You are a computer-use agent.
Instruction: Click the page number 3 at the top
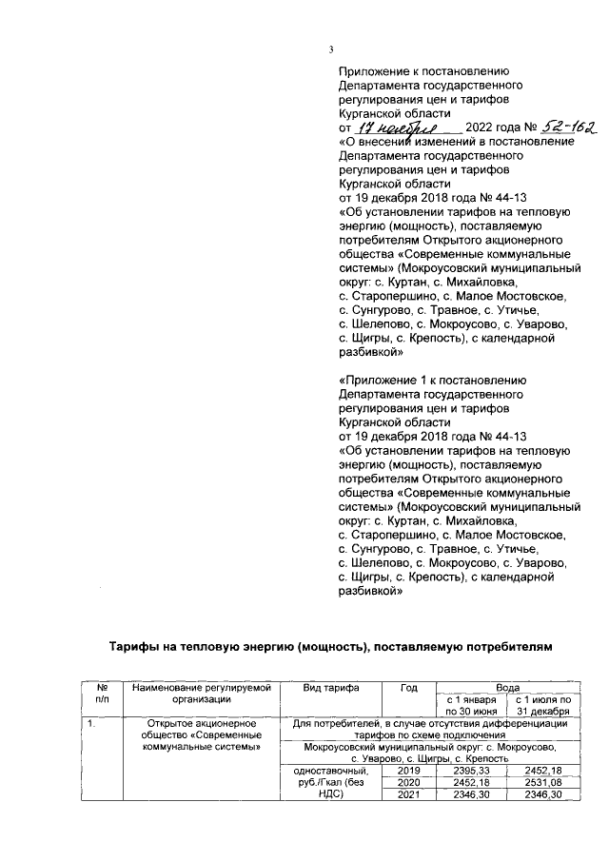click(330, 50)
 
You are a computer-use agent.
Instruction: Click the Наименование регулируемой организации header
click(202, 692)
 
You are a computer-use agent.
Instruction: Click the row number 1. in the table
click(90, 724)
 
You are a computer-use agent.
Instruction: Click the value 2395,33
click(471, 770)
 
